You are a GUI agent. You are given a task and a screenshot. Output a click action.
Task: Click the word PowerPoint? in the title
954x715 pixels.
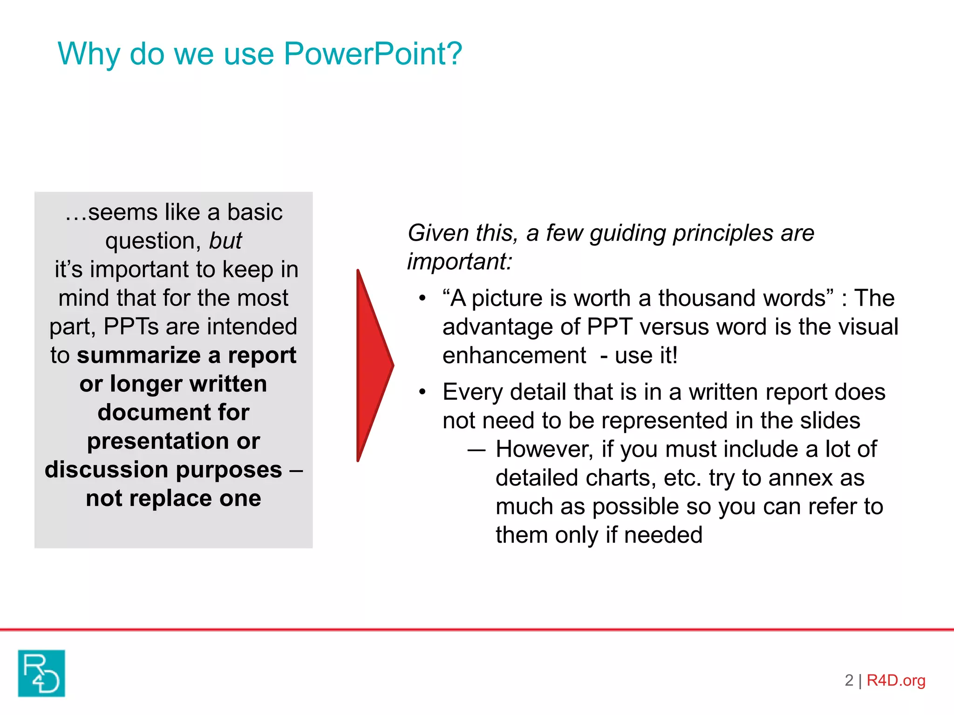[x=373, y=54]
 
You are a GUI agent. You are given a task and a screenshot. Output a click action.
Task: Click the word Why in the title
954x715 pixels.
[x=89, y=54]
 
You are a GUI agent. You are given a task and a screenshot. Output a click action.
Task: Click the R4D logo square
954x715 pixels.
[x=41, y=673]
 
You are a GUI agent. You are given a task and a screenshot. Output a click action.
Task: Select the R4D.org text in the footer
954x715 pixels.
[x=895, y=681]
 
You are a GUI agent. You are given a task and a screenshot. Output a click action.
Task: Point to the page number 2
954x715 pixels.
[x=849, y=681]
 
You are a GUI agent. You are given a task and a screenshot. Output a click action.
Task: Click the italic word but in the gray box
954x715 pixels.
[x=225, y=241]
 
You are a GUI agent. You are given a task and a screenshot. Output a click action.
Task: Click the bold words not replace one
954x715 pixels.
[x=173, y=498]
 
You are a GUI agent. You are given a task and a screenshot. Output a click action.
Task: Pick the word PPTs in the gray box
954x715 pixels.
[x=131, y=326]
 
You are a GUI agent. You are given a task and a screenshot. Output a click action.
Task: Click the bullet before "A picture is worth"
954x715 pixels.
[x=422, y=298]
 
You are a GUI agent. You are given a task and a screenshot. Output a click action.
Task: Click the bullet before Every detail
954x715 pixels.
[x=422, y=392]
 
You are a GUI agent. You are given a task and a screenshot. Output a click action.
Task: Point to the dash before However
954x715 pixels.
[x=476, y=450]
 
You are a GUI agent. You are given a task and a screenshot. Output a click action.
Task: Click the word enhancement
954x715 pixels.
[x=514, y=356]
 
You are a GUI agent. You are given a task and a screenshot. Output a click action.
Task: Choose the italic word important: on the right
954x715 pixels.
[x=459, y=261]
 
